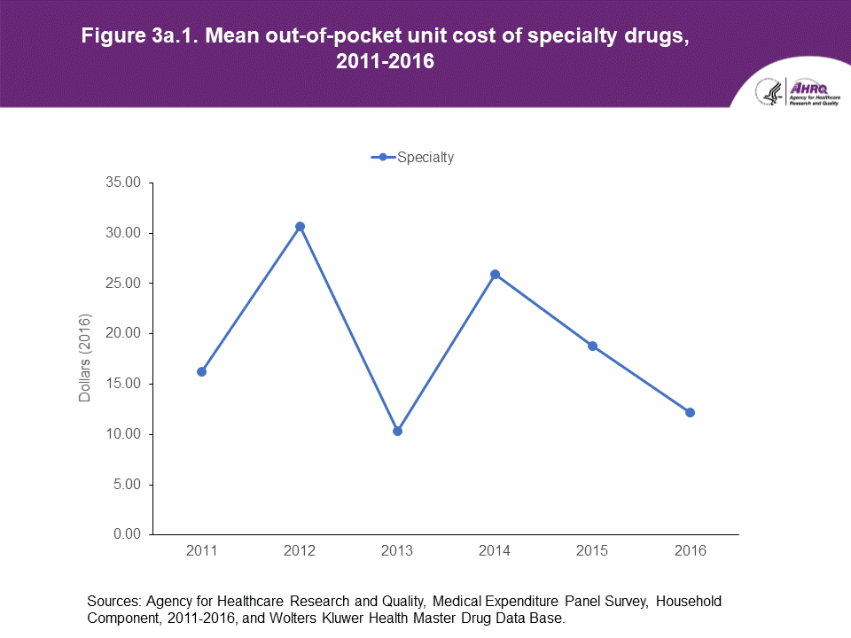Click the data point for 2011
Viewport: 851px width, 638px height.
(x=202, y=371)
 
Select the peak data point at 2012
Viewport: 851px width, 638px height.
(x=300, y=226)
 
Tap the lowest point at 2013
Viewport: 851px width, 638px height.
(x=397, y=431)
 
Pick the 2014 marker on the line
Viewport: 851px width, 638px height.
(x=495, y=275)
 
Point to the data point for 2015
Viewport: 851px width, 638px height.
(x=592, y=346)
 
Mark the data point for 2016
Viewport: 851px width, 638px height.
(x=690, y=412)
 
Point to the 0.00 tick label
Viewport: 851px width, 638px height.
(x=127, y=534)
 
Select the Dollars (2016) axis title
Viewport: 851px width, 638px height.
(x=85, y=358)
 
